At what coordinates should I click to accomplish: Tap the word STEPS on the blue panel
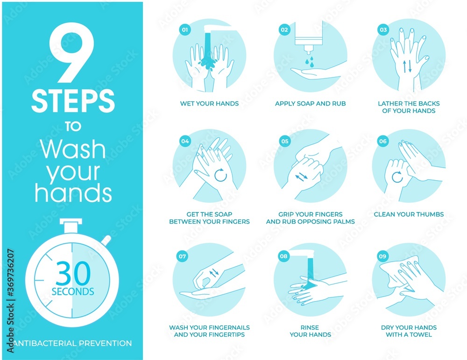(x=73, y=100)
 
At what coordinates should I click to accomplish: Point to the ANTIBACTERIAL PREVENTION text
(x=73, y=343)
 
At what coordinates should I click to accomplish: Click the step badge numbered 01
(x=185, y=30)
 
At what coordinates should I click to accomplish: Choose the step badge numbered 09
(x=383, y=255)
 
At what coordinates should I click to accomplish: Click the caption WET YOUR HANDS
(x=209, y=103)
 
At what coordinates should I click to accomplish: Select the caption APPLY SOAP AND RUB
(x=310, y=103)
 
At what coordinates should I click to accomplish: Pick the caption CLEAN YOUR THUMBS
(x=409, y=214)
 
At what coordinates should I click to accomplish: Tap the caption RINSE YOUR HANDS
(x=310, y=331)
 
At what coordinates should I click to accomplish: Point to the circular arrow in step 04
(x=220, y=176)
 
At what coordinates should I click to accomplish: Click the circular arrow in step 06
(x=397, y=177)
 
